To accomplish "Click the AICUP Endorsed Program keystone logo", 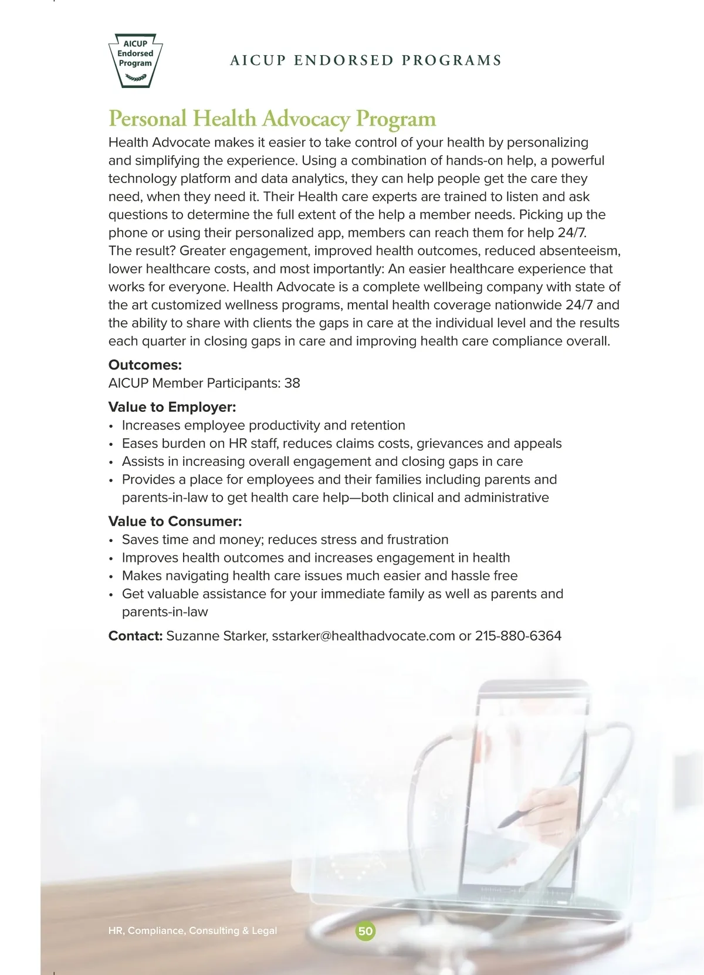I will coord(136,60).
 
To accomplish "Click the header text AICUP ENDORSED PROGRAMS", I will coord(366,60).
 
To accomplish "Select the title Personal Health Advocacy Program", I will coord(272,119).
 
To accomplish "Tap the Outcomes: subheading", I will coord(145,365).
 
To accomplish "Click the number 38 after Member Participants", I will coord(292,383).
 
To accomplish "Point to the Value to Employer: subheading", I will coord(172,407).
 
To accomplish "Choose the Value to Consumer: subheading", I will coord(175,522).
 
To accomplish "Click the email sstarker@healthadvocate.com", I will coord(363,636).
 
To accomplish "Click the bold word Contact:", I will coord(135,636).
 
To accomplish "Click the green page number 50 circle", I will coord(365,931).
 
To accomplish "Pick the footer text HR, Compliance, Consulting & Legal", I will coord(192,931).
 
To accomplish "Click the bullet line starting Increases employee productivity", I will coord(263,425).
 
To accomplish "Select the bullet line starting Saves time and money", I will coord(285,540).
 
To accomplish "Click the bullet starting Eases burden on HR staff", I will coord(341,444).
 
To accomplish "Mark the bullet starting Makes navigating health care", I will coord(320,575).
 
